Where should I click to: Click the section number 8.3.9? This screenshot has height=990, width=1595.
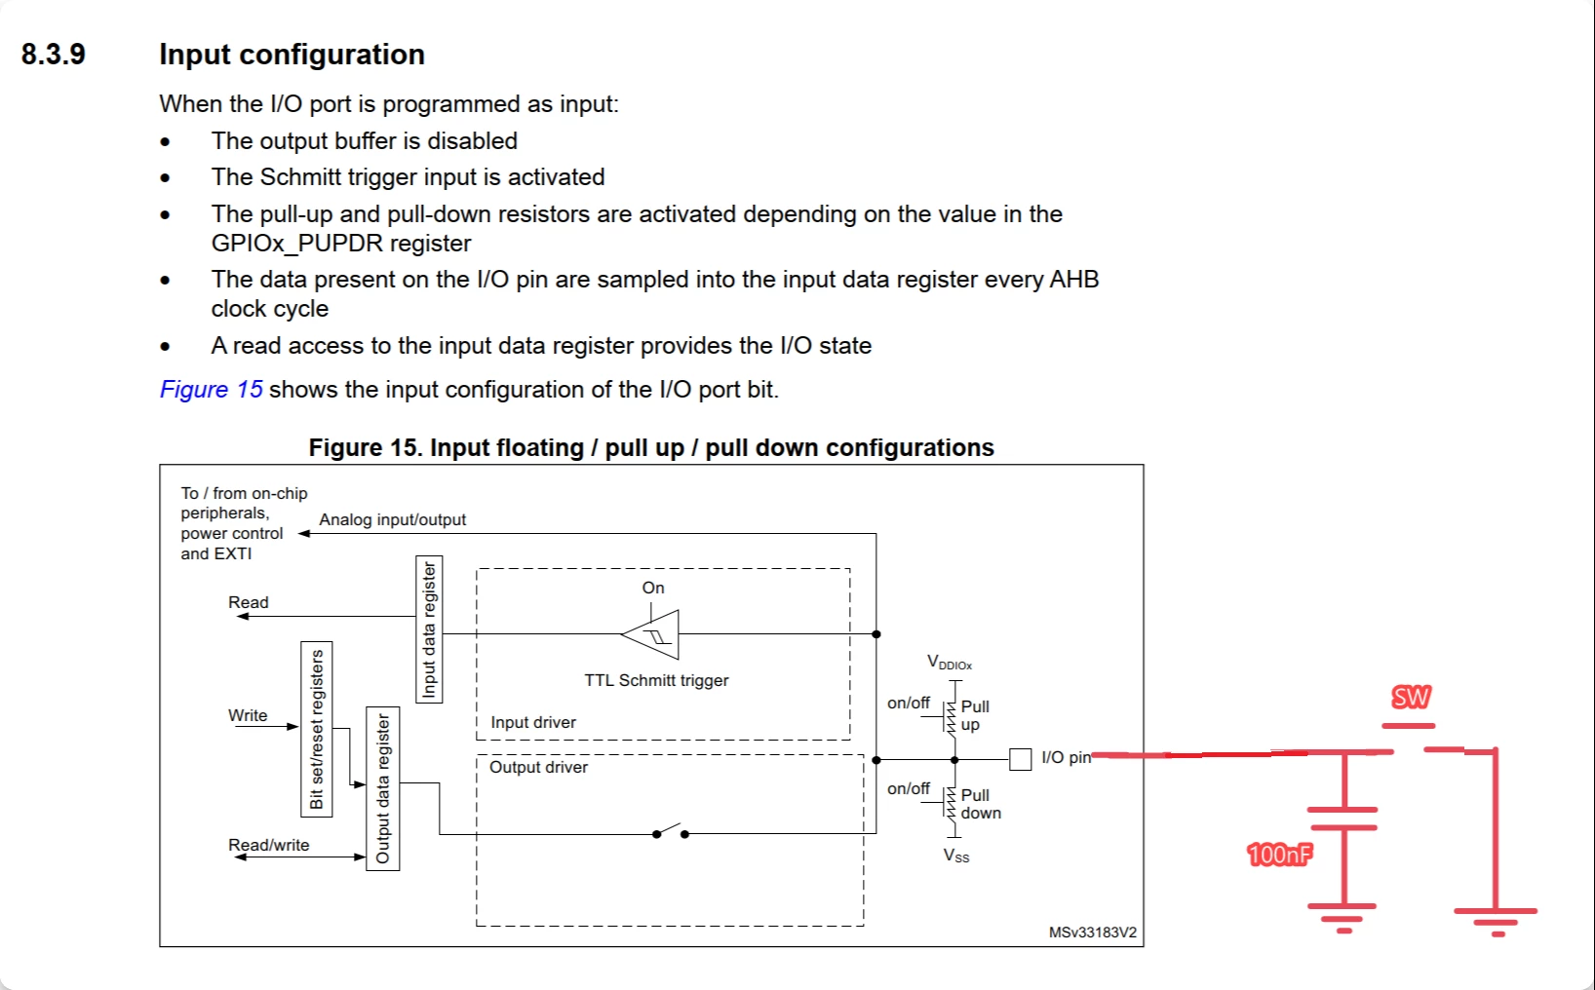(x=54, y=55)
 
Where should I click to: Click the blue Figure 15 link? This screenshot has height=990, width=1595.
(x=211, y=390)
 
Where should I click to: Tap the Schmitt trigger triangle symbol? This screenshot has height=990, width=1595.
(x=651, y=633)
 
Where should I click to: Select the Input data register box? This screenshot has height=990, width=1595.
(x=429, y=629)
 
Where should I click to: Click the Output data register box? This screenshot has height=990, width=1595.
(x=382, y=788)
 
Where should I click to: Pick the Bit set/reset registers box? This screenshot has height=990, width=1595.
(x=317, y=730)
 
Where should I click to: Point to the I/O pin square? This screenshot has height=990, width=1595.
(x=1021, y=759)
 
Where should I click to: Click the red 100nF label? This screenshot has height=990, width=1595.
(x=1279, y=854)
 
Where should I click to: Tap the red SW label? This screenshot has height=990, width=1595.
(x=1411, y=698)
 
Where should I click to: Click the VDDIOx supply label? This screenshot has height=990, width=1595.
(x=950, y=663)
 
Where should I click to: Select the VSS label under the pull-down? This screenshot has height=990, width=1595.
(x=956, y=856)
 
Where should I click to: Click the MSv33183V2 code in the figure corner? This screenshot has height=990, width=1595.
(x=1092, y=933)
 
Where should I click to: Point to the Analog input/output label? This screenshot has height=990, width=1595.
(x=392, y=519)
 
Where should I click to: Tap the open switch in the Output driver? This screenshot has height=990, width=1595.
(x=670, y=831)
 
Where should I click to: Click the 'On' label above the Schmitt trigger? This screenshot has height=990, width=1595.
(x=653, y=588)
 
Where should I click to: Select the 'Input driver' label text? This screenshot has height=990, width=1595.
(x=533, y=722)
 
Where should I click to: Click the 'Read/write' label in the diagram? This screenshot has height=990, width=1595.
(x=268, y=845)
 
